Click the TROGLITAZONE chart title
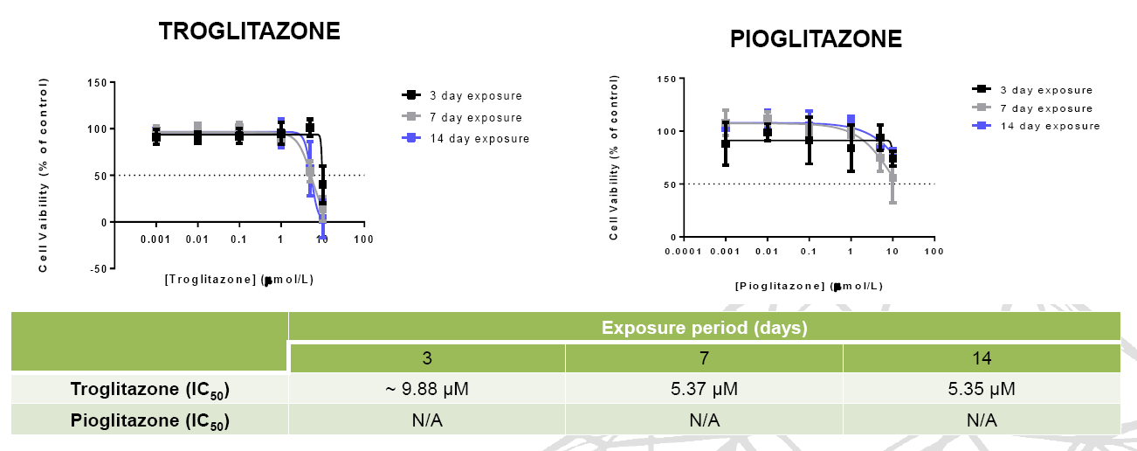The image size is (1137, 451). coord(249,31)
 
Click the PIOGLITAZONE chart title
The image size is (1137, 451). coord(816,39)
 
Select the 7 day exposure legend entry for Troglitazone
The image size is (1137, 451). coord(462,117)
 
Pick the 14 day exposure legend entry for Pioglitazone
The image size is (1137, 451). coord(1036,126)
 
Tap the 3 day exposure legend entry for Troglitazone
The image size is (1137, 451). coord(462,95)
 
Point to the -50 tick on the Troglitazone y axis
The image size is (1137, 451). coord(99,268)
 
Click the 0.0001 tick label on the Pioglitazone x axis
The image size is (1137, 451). coord(683,252)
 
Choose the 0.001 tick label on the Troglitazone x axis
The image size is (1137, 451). coord(155,239)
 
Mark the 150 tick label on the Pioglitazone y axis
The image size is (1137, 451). coord(667,80)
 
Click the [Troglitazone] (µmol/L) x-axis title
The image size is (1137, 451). coord(239,280)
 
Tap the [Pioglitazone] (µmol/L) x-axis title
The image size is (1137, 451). coord(810,286)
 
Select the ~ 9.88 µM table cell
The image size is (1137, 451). coord(427,389)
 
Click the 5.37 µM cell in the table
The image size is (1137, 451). coord(704,389)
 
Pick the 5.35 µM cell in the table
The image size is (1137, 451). coord(982,389)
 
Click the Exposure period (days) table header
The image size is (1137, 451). coord(705,328)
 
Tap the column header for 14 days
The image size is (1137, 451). coord(982,358)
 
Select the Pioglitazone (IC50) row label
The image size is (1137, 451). coord(149,420)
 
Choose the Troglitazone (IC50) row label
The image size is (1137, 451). coord(149,389)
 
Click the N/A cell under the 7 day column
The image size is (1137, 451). coord(704,420)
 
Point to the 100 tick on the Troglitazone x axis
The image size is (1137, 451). coord(364,239)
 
